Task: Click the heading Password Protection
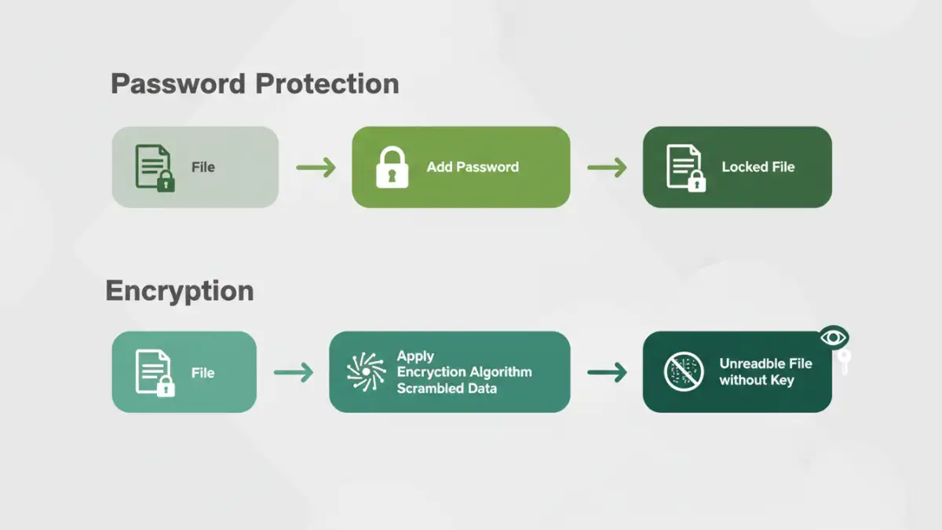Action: pyautogui.click(x=254, y=84)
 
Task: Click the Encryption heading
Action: pyautogui.click(x=180, y=291)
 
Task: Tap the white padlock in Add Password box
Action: pyautogui.click(x=392, y=167)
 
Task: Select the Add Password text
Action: pyautogui.click(x=473, y=167)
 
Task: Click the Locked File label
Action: pyautogui.click(x=758, y=167)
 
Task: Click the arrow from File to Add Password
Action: pyautogui.click(x=316, y=167)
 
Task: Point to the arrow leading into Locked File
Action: pyautogui.click(x=607, y=167)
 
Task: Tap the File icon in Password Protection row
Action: pyautogui.click(x=154, y=166)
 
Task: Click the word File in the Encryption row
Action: pyautogui.click(x=203, y=373)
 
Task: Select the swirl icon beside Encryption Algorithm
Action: pyautogui.click(x=366, y=372)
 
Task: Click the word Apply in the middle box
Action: pyautogui.click(x=415, y=356)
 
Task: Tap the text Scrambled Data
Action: pyautogui.click(x=447, y=388)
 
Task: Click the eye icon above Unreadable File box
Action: pyautogui.click(x=834, y=338)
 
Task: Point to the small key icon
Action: pyautogui.click(x=845, y=362)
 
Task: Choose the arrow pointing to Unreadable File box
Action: pyautogui.click(x=607, y=373)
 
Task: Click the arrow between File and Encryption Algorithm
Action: pyautogui.click(x=293, y=373)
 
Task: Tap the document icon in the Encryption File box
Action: pyautogui.click(x=154, y=372)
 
